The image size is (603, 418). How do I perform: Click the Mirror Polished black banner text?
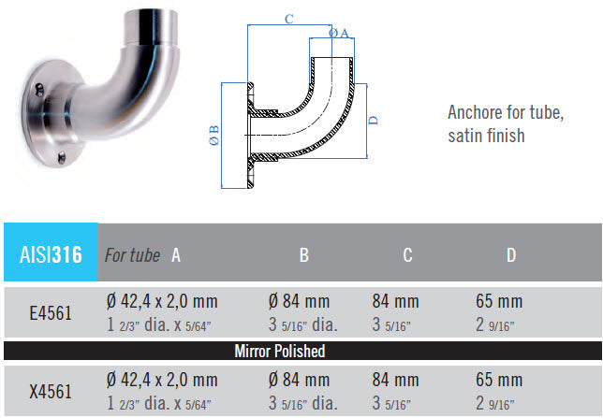278,352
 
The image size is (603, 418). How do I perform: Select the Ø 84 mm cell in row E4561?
299,302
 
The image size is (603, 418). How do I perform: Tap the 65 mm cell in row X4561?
499,381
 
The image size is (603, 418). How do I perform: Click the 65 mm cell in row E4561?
499,302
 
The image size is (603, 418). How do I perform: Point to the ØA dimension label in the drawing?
339,34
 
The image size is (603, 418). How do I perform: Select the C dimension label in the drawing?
289,18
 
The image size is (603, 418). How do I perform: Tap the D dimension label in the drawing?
373,121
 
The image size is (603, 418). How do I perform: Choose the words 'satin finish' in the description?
486,136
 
